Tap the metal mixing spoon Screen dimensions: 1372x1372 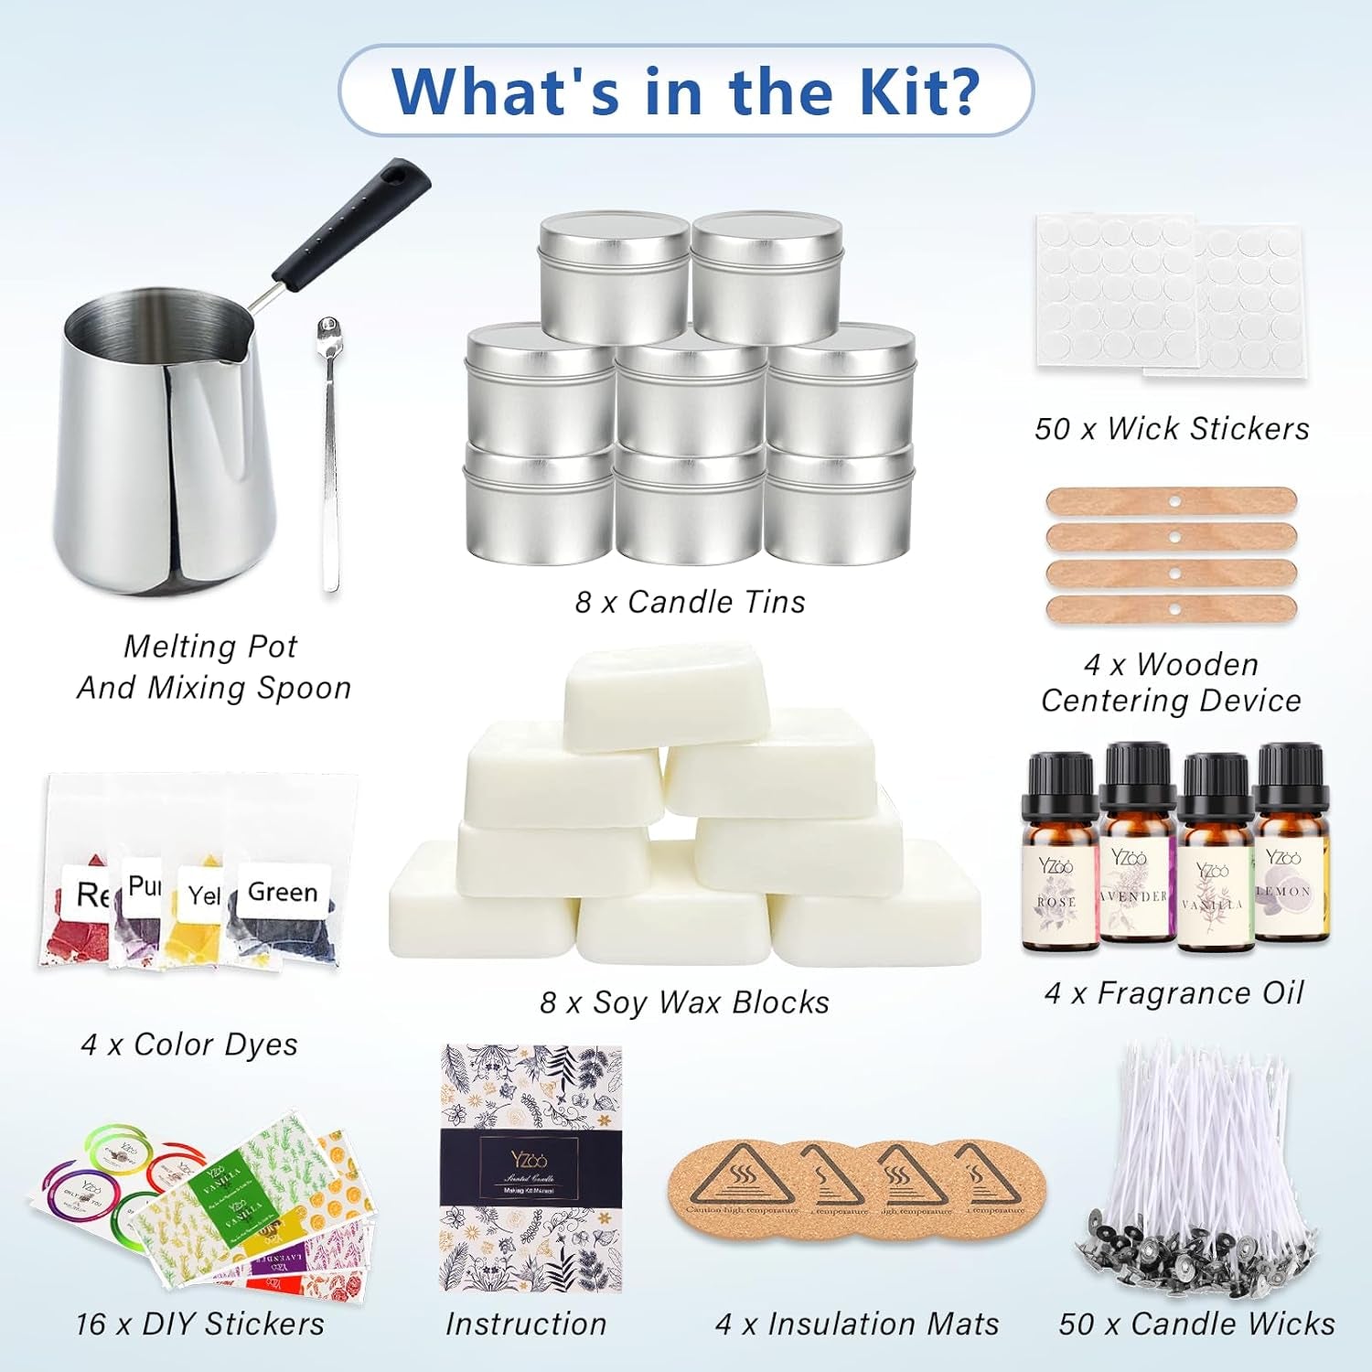point(329,457)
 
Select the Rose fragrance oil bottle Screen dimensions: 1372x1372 point(1059,860)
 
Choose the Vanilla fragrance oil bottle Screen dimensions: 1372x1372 point(1215,860)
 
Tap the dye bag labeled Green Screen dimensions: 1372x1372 point(283,915)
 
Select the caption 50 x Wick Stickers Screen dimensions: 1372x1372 point(1172,428)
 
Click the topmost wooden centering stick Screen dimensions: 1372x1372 point(1172,500)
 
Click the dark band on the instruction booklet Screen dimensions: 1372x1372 point(531,1166)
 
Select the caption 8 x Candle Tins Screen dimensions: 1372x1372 point(690,602)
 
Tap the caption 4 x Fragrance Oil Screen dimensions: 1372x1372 point(1174,992)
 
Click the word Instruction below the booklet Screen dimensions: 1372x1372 point(526,1324)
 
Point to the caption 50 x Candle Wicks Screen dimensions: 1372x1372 point(1196,1324)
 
